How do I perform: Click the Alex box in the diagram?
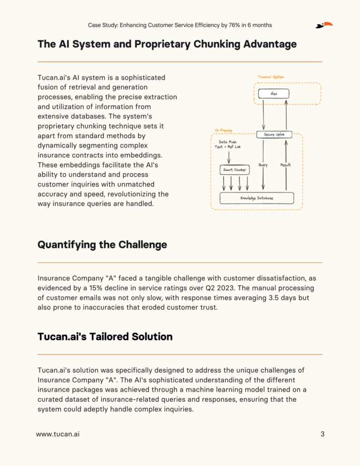[274, 94]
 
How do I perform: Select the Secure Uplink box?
[274, 135]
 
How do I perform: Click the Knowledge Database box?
[256, 198]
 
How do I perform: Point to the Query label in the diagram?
[263, 165]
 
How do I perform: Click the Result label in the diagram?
[286, 165]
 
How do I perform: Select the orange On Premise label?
[224, 130]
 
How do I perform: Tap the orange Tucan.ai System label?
[270, 77]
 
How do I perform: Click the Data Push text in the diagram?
[227, 141]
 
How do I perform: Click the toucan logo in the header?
[324, 25]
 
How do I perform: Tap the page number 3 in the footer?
[322, 434]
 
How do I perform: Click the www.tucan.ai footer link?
[58, 434]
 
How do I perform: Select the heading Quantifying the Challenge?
[102, 245]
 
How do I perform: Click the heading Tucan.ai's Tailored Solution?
[105, 337]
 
